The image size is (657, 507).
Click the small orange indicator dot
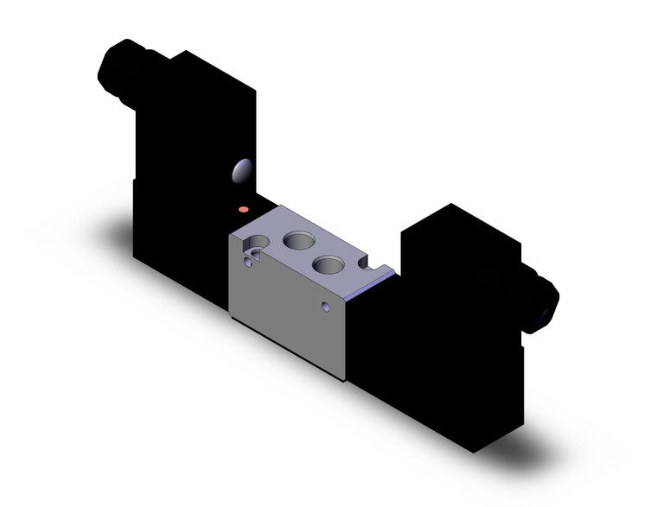click(244, 210)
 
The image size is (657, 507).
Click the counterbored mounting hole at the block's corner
click(252, 256)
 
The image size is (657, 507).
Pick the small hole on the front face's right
click(325, 307)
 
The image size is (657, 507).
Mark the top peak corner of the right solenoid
click(450, 204)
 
